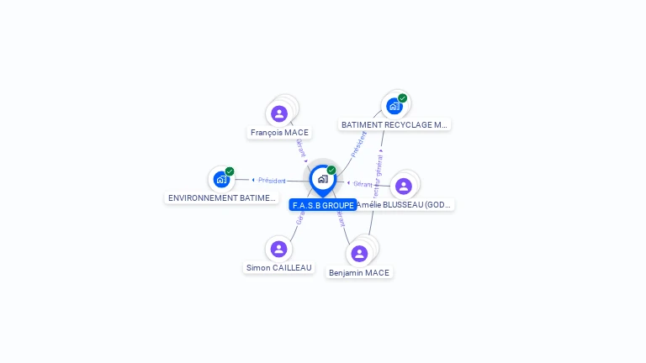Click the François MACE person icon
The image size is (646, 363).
(x=279, y=113)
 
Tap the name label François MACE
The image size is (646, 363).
(x=280, y=133)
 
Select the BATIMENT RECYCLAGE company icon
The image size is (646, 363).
(x=394, y=106)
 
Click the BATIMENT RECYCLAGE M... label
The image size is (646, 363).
(x=394, y=124)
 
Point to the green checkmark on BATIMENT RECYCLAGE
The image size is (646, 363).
(x=403, y=98)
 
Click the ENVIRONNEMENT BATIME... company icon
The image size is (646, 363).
(x=220, y=179)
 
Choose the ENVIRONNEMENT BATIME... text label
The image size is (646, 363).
(x=221, y=198)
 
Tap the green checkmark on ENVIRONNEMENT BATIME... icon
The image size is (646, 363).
(x=230, y=171)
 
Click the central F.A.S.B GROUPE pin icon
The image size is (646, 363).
(x=322, y=179)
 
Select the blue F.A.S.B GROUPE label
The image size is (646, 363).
(x=323, y=205)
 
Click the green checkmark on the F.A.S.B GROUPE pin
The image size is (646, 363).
(x=331, y=171)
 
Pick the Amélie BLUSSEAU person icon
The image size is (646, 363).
(x=403, y=186)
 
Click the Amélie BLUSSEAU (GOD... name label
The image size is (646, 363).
(x=405, y=205)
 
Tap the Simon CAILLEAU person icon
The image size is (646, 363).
(x=278, y=249)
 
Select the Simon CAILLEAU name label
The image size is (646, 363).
(x=278, y=268)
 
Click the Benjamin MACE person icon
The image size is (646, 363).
(x=359, y=254)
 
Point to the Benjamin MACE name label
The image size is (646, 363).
(x=359, y=273)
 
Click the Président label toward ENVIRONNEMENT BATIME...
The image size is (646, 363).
(x=272, y=181)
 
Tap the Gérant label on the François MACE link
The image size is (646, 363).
(x=300, y=148)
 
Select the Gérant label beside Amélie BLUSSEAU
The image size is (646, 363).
(x=363, y=183)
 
